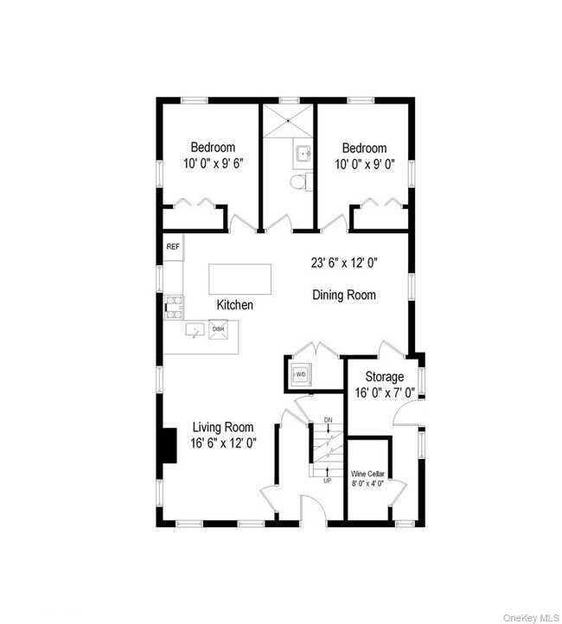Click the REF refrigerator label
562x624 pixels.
[x=173, y=246]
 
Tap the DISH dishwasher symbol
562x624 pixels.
[x=218, y=329]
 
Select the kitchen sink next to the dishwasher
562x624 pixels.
[x=195, y=330]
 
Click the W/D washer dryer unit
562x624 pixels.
[x=300, y=374]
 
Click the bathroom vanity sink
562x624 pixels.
[x=303, y=152]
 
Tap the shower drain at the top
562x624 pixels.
[x=288, y=120]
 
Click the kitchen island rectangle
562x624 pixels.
[x=240, y=279]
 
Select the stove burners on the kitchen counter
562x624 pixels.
[x=174, y=307]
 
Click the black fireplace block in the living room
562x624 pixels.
[x=169, y=445]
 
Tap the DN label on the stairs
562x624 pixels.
[x=328, y=420]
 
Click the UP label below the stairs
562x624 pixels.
[x=327, y=481]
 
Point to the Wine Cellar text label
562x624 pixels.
[x=367, y=474]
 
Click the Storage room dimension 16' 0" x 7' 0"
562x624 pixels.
[x=385, y=393]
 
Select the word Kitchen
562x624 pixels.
[x=235, y=305]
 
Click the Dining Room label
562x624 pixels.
[x=344, y=295]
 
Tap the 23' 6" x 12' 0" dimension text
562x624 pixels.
[x=344, y=263]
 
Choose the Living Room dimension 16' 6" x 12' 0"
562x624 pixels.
[x=223, y=443]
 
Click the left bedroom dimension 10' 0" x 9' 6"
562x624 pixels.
[x=213, y=163]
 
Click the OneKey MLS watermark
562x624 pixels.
[x=531, y=618]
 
